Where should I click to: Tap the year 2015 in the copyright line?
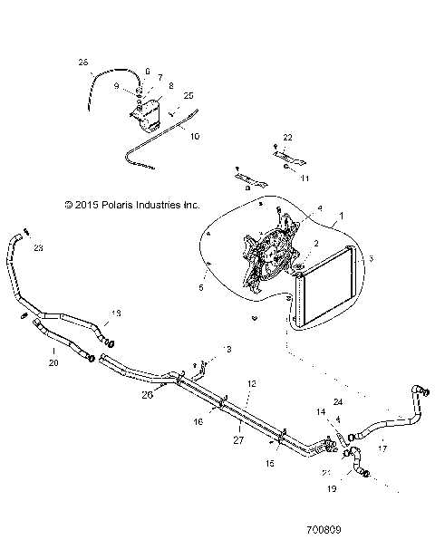point(78,206)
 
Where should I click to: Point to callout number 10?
point(193,137)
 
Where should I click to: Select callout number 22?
point(287,137)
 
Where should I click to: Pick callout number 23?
point(37,246)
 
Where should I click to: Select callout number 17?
point(382,447)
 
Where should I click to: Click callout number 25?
point(188,95)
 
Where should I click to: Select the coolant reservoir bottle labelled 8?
point(149,111)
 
